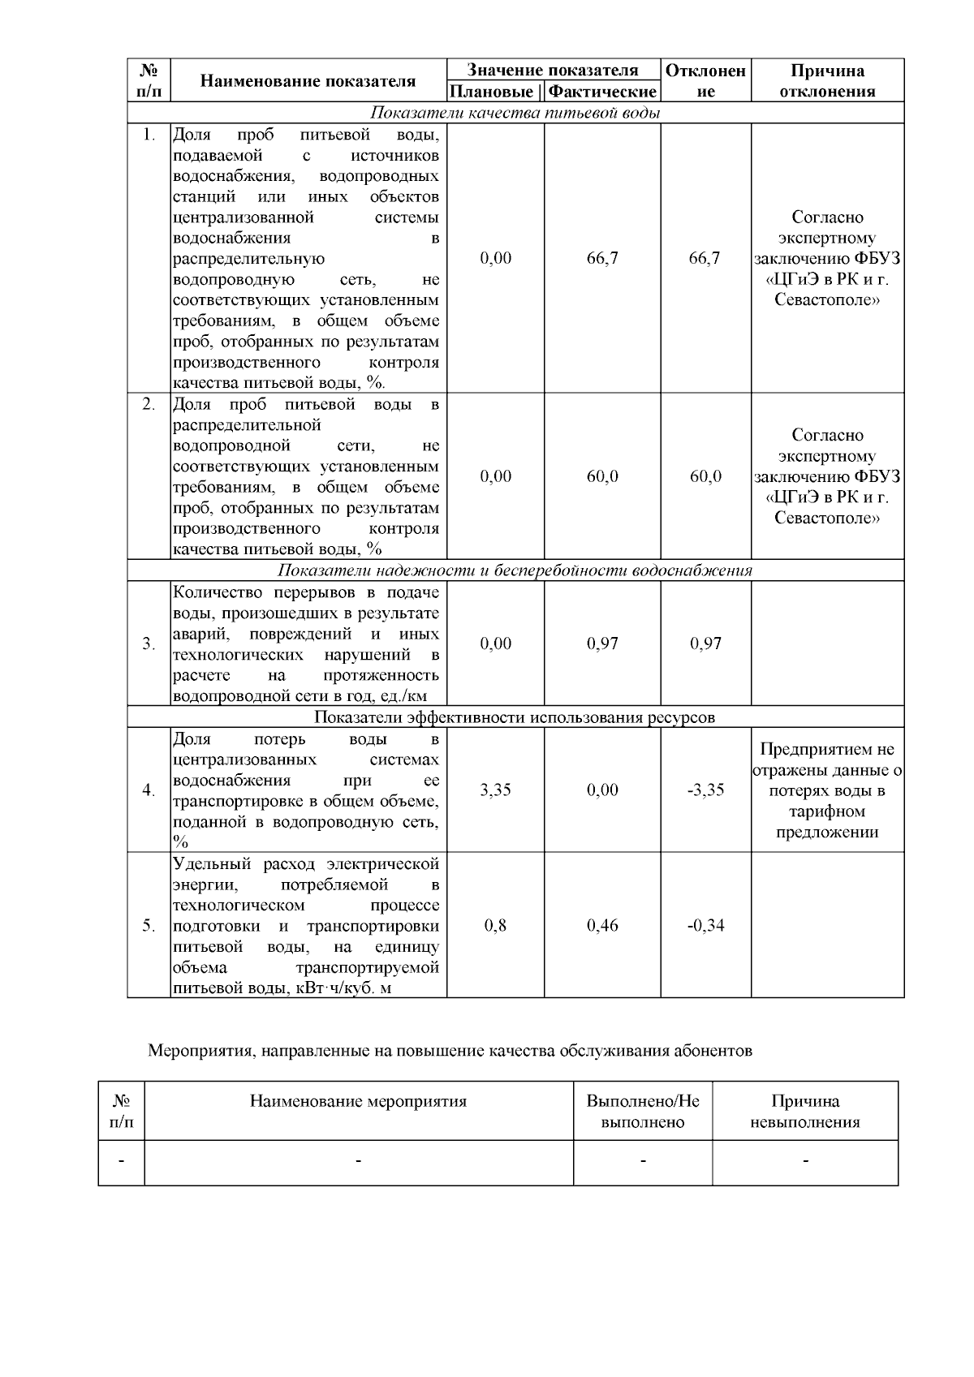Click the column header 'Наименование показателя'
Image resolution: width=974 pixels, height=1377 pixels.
tap(308, 80)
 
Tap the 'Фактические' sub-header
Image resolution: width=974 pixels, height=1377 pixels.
tap(602, 92)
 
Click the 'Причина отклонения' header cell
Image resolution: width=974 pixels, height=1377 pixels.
tap(827, 80)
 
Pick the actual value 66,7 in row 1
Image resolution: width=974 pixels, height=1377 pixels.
tap(602, 258)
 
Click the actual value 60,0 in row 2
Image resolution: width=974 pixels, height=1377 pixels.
tap(602, 476)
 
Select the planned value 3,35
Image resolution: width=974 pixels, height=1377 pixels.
tap(495, 790)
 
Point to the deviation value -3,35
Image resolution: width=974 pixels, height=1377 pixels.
tap(705, 790)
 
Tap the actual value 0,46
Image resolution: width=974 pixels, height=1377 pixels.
tap(602, 925)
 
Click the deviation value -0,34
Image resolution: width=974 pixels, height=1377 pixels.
tap(705, 925)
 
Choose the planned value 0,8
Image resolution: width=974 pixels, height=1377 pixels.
tap(495, 925)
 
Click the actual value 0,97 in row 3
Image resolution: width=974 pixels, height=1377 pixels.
tap(602, 643)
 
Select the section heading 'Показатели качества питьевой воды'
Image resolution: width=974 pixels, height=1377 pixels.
tap(515, 113)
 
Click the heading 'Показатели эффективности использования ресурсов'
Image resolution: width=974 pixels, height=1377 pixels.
tap(515, 717)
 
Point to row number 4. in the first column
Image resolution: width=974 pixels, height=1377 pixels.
tap(149, 790)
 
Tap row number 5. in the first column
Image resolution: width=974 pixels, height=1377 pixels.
tap(149, 925)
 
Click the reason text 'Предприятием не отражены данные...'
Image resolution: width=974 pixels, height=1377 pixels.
tap(827, 790)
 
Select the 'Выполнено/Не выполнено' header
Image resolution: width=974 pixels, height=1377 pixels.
tap(643, 1112)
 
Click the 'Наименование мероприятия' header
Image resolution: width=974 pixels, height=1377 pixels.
tap(358, 1101)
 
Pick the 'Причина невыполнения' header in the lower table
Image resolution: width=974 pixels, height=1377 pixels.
tap(805, 1112)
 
